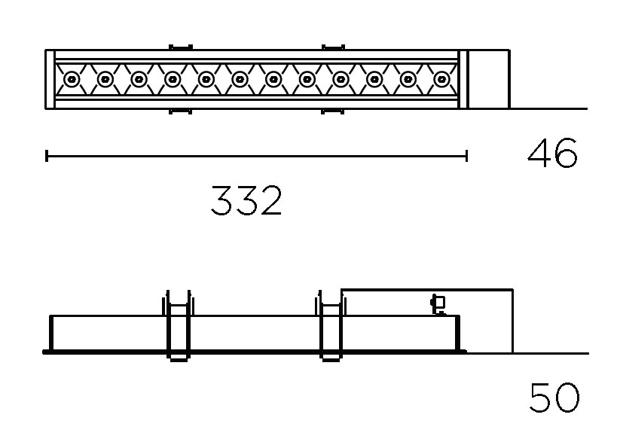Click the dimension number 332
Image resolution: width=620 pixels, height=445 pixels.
point(246,200)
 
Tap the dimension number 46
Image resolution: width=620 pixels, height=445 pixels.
point(552,153)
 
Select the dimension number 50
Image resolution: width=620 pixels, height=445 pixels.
point(554,398)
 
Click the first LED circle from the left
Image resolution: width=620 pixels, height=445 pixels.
point(71,79)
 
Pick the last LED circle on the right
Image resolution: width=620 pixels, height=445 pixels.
point(441,79)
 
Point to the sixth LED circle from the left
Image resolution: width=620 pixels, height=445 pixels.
point(240,79)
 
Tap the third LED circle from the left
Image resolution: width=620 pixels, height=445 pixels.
point(139,79)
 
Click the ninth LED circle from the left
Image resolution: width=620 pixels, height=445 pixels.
point(341,79)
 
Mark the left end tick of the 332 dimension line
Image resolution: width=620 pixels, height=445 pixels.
point(47,156)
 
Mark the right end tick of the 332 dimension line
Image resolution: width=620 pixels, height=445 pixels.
point(467,156)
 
